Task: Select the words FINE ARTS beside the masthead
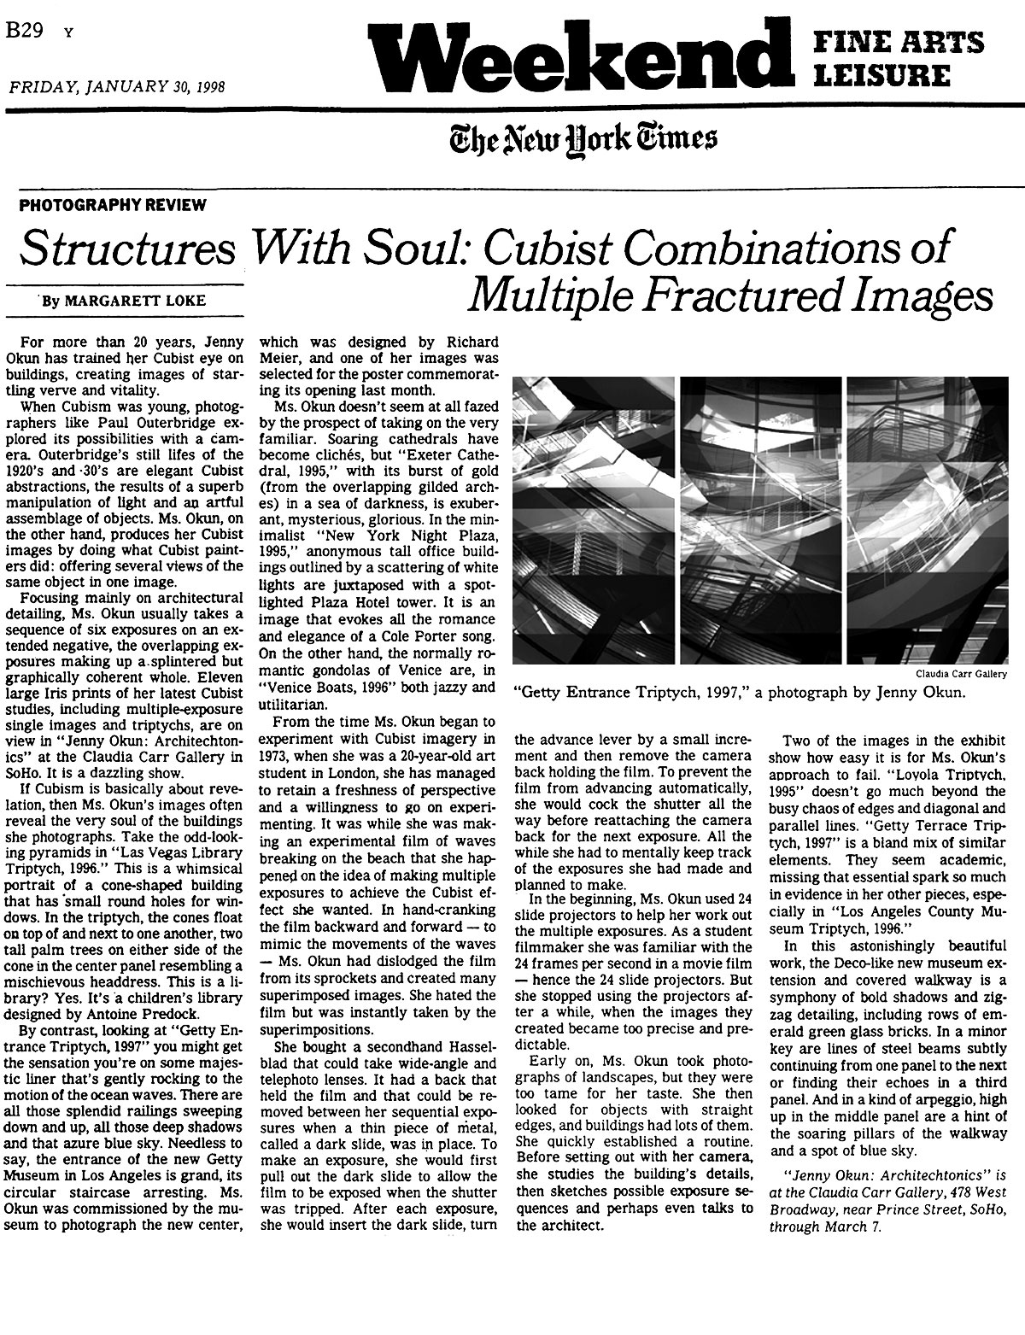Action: pyautogui.click(x=897, y=42)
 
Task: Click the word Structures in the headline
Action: pyautogui.click(x=127, y=249)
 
